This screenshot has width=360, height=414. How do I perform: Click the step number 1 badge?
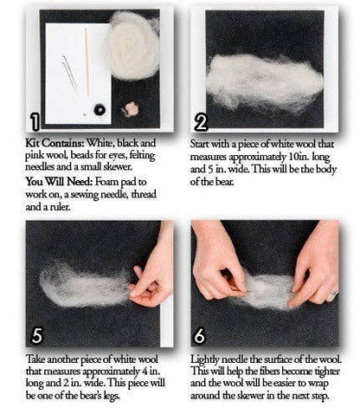[35, 120]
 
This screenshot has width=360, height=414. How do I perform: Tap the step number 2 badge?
[202, 120]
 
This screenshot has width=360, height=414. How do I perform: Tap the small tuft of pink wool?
[133, 110]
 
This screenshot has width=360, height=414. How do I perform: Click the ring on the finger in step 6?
[331, 295]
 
